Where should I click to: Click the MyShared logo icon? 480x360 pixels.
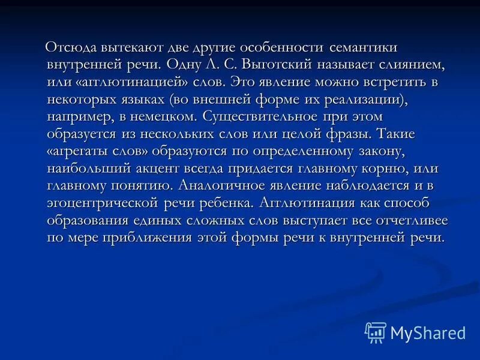point(376,332)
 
